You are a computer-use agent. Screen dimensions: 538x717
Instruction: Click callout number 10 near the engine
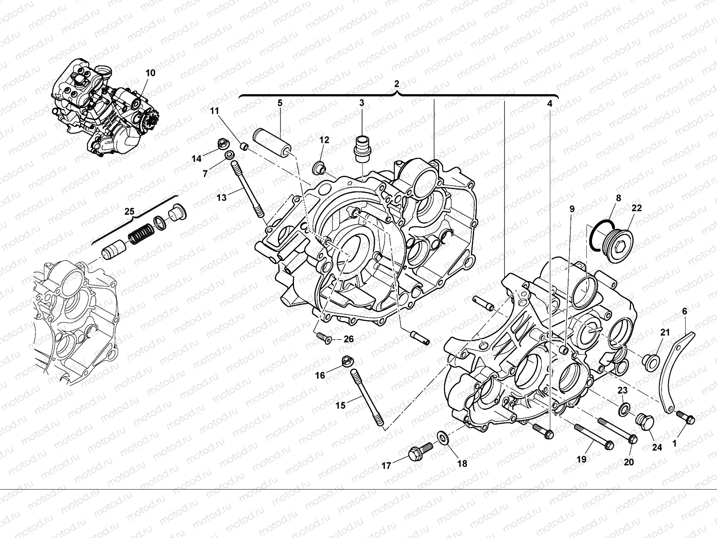pos(151,73)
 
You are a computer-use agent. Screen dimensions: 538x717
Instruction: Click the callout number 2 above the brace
pos(396,84)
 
